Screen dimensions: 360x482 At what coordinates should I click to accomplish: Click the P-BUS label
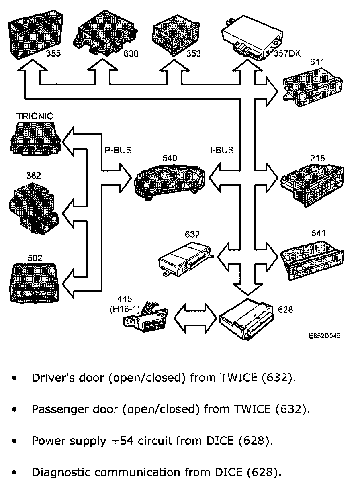[118, 150]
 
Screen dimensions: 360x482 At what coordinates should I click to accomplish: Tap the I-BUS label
[222, 150]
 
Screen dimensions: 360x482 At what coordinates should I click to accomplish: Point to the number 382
[33, 176]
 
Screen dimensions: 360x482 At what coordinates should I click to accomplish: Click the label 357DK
[287, 53]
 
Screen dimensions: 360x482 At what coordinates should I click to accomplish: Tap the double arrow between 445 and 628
[195, 318]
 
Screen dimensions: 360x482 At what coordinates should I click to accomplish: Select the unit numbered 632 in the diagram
[186, 259]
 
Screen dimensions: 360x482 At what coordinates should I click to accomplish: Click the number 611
[317, 62]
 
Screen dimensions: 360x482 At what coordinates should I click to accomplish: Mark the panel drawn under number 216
[312, 185]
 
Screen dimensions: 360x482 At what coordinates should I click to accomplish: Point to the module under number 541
[312, 261]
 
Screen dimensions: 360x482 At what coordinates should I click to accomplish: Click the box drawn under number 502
[34, 283]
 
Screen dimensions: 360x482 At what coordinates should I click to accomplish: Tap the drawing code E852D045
[325, 336]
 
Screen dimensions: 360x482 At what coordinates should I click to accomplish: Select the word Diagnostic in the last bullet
[61, 472]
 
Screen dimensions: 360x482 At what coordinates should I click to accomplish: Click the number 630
[131, 53]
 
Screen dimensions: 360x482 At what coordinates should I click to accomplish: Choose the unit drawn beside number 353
[176, 36]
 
